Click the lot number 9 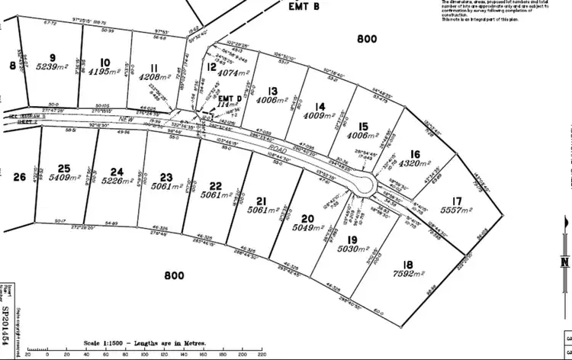pyautogui.click(x=53, y=57)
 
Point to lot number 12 pyautogui.click(x=211, y=66)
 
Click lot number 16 pyautogui.click(x=414, y=153)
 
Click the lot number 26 pyautogui.click(x=20, y=177)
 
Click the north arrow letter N pyautogui.click(x=564, y=262)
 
